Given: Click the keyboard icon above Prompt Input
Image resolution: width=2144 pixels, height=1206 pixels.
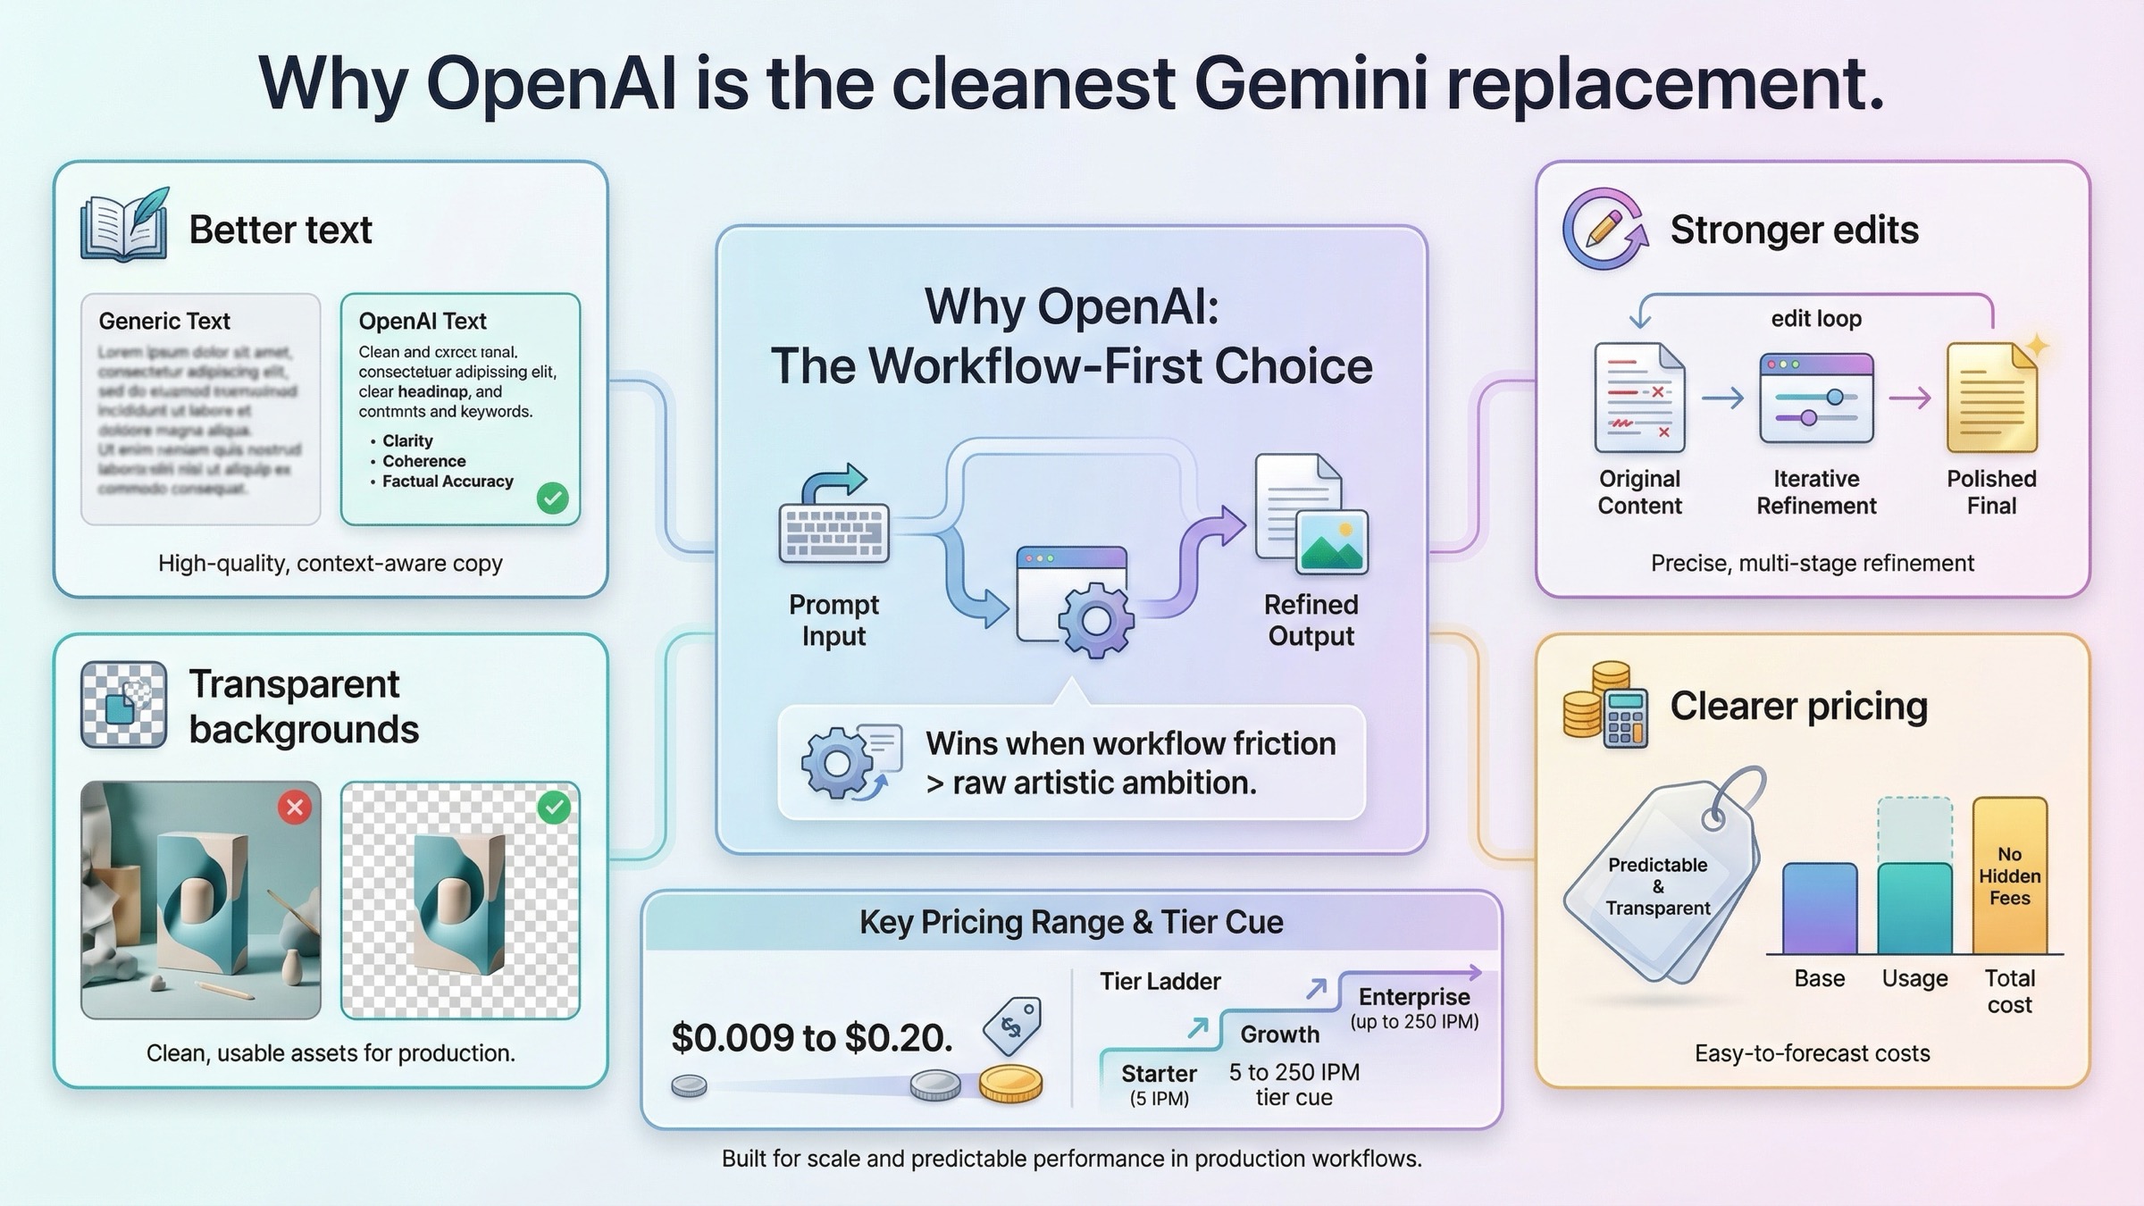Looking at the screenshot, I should (x=833, y=532).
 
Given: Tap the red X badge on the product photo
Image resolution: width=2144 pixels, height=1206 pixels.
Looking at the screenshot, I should (x=295, y=808).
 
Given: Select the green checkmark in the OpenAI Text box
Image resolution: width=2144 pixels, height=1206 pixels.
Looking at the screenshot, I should (x=552, y=498).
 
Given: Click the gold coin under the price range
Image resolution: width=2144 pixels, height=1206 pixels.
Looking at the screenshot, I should (x=1010, y=1083).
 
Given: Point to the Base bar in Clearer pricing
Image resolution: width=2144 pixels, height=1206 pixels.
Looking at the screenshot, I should (x=1820, y=909).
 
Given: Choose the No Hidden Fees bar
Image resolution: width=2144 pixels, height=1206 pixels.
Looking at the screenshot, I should (x=2009, y=875).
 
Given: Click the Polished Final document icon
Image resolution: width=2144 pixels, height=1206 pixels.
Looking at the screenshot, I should (x=1992, y=398).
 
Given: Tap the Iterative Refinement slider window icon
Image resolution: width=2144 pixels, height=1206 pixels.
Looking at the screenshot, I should (x=1816, y=398).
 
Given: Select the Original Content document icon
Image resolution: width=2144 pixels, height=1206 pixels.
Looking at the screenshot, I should (x=1639, y=398).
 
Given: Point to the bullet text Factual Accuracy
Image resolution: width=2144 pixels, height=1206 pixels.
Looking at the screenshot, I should (x=448, y=482).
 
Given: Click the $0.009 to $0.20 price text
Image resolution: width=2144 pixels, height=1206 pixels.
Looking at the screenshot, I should (x=811, y=1037).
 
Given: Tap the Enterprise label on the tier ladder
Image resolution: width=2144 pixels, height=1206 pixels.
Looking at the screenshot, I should (x=1414, y=997).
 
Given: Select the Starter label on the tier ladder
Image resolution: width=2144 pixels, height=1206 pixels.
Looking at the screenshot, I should (x=1159, y=1074).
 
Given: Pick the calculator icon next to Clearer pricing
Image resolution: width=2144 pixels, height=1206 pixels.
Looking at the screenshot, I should (x=1625, y=719).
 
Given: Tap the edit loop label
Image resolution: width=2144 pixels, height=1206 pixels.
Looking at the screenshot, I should (x=1816, y=319).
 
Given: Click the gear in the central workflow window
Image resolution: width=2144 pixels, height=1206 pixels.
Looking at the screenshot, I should (x=1096, y=620).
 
